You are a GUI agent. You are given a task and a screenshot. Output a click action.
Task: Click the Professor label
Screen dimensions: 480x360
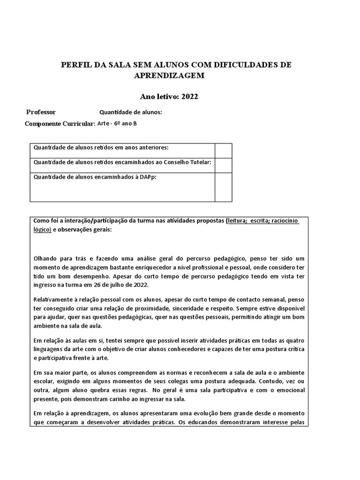click(x=41, y=112)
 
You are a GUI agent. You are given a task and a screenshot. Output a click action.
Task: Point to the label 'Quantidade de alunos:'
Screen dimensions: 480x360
click(x=131, y=112)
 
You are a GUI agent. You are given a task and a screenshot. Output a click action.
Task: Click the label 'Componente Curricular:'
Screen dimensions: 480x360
click(x=60, y=124)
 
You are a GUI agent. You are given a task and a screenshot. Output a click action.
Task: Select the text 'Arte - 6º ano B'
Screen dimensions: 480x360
click(x=117, y=124)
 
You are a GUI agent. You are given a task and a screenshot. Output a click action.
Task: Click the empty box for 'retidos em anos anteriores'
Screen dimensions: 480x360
click(x=223, y=150)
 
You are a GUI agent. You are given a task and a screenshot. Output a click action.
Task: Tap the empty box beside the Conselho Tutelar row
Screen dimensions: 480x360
click(x=223, y=165)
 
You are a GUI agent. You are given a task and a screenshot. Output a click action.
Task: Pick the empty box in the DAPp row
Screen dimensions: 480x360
click(x=223, y=187)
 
